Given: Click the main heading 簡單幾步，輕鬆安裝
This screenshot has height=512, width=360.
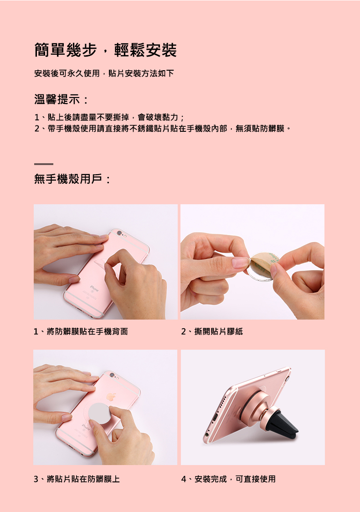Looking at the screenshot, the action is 105,50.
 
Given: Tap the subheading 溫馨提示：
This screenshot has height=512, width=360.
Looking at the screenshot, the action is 62,99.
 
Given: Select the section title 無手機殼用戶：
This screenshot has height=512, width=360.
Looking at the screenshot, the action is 73,179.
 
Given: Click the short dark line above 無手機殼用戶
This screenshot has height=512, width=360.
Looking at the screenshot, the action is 43,164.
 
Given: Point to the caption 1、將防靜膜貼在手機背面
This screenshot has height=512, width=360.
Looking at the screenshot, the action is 81,331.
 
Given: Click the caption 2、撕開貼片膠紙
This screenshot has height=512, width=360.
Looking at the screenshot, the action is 212,331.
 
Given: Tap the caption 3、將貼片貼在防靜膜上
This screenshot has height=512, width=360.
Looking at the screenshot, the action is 77,479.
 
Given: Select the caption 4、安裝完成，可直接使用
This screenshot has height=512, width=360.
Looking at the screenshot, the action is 228,479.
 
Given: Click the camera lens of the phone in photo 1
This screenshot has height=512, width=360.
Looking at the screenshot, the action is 119,233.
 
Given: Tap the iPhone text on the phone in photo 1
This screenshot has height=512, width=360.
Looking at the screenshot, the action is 94,288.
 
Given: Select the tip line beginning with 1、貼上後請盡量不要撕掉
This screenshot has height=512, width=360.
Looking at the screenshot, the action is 109,117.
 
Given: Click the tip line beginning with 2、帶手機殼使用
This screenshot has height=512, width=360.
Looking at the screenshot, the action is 162,129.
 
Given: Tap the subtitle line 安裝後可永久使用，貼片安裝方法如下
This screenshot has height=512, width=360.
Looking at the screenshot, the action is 104,73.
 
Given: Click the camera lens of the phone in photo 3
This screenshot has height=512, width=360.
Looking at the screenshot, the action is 112,375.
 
